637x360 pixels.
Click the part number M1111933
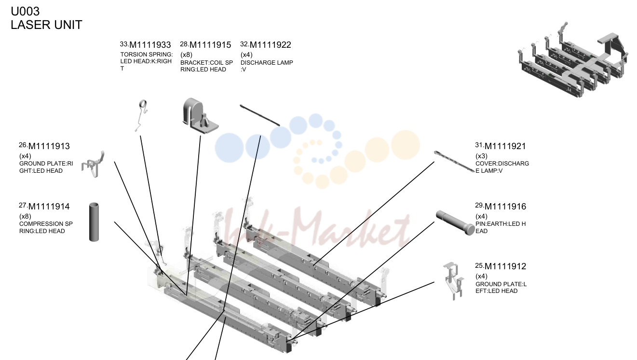150,45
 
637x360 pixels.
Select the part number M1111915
210,45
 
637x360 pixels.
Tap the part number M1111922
271,45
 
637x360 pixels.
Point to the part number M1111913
49,146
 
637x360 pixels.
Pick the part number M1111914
49,207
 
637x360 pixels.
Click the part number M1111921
505,146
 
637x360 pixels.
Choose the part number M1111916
505,207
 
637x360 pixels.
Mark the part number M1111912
505,266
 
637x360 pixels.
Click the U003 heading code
25,12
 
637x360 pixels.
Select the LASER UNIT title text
46,25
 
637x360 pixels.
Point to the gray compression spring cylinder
94,222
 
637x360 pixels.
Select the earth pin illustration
455,222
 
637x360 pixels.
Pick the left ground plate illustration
453,281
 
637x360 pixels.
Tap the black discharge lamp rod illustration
260,115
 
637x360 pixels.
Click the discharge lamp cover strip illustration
454,162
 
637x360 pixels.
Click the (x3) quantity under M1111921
481,156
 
